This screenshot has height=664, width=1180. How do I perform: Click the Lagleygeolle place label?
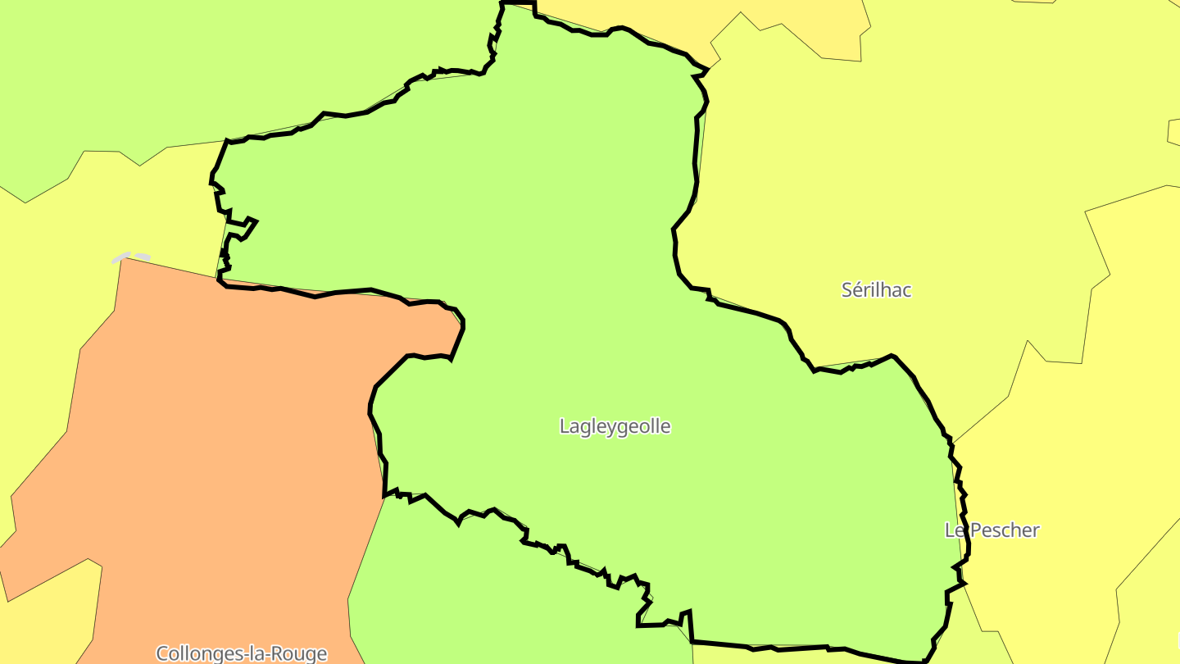coord(615,426)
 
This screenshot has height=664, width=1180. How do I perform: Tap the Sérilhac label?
coord(876,289)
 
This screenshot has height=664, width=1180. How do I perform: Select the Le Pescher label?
coord(992,530)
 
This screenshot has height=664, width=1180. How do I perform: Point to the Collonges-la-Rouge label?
coord(241,653)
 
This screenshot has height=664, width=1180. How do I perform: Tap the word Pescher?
coord(1004,530)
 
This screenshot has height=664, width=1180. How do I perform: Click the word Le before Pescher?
coord(954,530)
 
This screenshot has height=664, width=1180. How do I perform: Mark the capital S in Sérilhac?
coord(847,289)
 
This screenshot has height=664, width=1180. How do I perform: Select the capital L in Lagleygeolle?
coord(564,426)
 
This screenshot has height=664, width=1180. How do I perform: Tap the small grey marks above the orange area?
coord(131,257)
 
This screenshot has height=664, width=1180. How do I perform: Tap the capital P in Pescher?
coord(973,530)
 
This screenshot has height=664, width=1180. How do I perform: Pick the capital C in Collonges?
coord(161,653)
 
